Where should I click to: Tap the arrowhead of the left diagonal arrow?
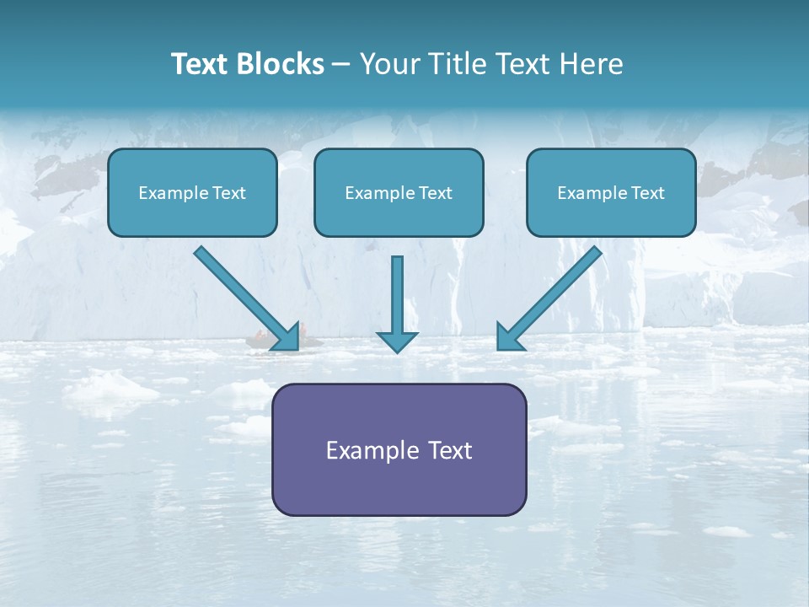point(287,337)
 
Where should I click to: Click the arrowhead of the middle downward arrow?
point(397,341)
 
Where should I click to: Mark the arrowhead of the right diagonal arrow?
point(509,337)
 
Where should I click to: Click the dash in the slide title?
point(341,65)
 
